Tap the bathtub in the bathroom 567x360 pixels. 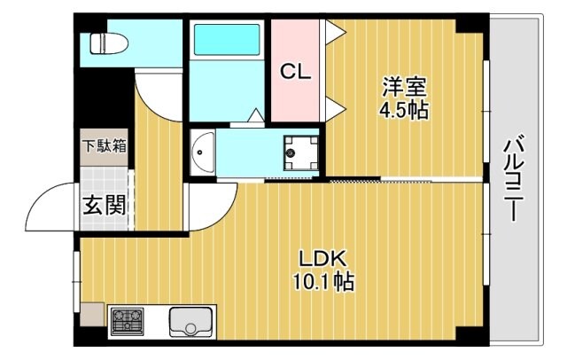[227, 40]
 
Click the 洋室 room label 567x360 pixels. [405, 87]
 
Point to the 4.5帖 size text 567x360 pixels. [405, 112]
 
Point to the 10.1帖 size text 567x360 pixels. [322, 283]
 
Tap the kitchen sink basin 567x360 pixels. [190, 321]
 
